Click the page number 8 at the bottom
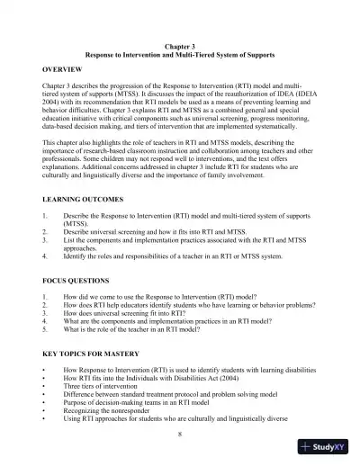(180, 434)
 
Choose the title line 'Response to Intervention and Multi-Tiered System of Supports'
(179, 55)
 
